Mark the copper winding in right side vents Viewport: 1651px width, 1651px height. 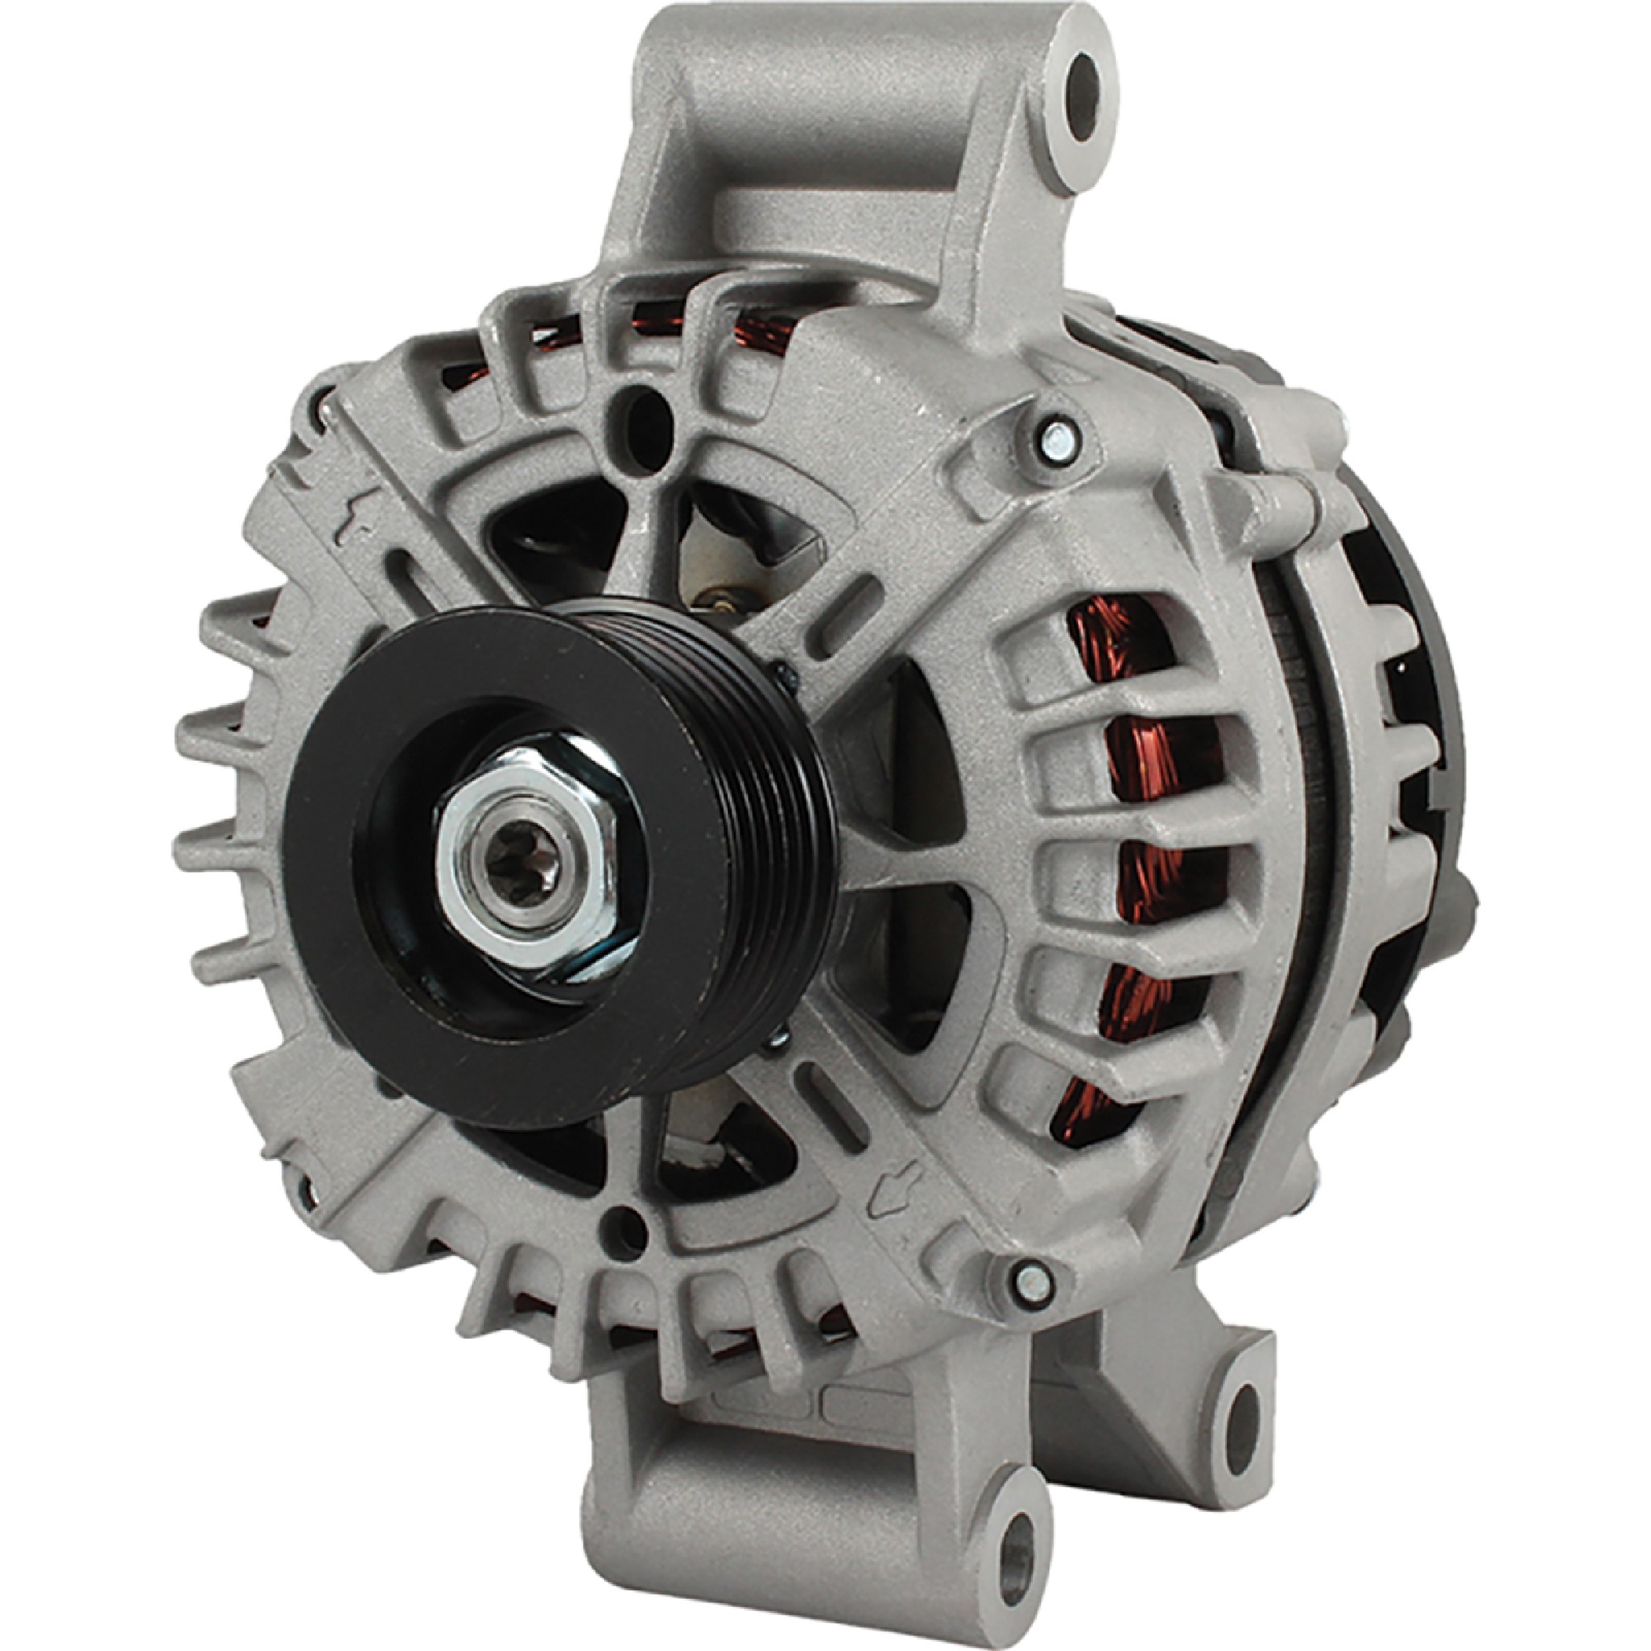[x=1133, y=854]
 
